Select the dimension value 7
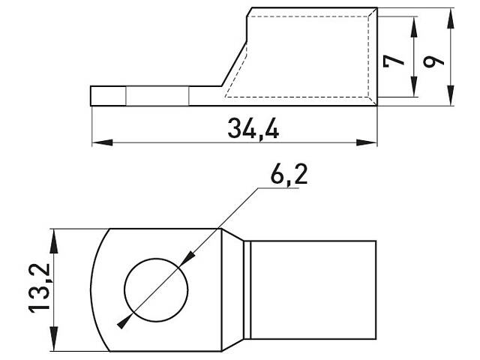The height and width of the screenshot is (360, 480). click(389, 59)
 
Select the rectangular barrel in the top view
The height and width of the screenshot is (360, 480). click(311, 289)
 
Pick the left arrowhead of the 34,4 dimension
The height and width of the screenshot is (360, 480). click(97, 142)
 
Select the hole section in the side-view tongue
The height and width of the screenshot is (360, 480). click(157, 96)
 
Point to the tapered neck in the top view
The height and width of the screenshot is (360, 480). click(235, 289)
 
